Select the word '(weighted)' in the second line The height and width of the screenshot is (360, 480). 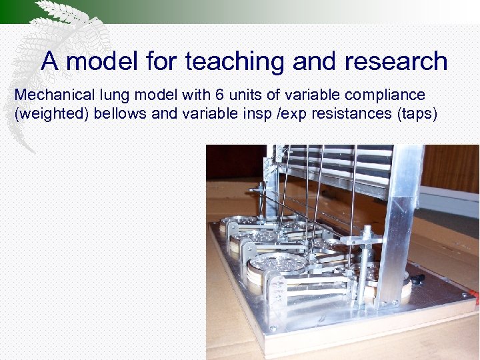tap(51, 113)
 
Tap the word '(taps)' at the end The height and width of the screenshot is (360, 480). tap(417, 113)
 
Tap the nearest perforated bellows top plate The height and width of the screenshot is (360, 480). tap(277, 261)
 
